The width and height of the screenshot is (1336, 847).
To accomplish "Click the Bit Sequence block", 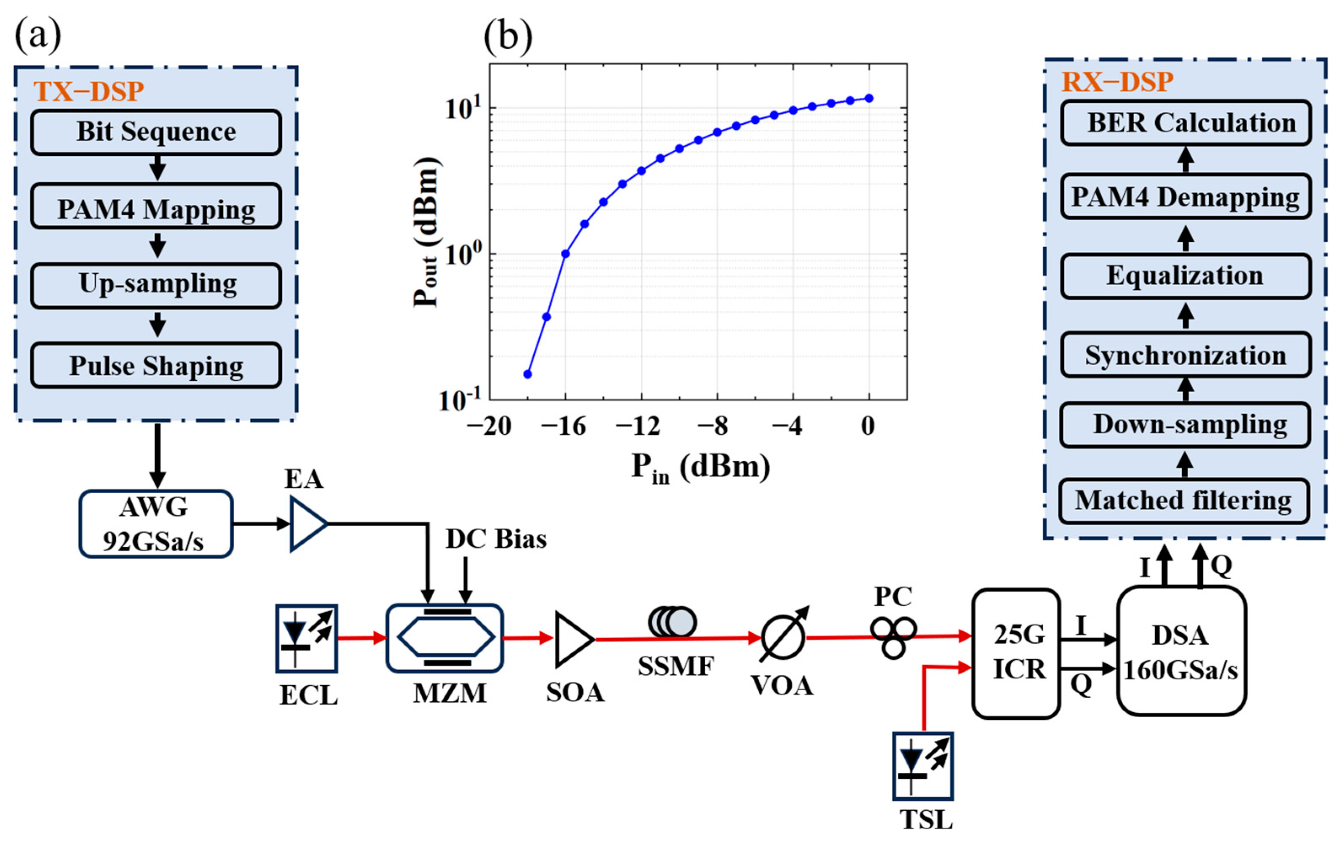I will coord(156,132).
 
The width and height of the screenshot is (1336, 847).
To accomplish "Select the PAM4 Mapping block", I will coord(156,206).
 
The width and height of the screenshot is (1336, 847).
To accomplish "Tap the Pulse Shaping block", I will coord(156,365).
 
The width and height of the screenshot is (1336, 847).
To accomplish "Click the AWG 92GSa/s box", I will coord(155,524).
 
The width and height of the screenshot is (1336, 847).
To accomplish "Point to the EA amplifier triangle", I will coord(307,524).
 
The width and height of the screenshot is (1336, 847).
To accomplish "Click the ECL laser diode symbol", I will coord(306,639).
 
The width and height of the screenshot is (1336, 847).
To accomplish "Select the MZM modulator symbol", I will coord(445,638).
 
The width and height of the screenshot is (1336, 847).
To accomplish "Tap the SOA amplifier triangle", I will coord(573,639).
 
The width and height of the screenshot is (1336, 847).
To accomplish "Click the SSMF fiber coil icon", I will coord(672,622).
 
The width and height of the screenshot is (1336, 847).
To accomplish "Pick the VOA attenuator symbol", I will coord(783,637).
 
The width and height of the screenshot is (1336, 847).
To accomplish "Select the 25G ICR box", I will coord(1016,653).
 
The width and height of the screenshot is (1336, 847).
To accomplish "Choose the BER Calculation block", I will coord(1186,123).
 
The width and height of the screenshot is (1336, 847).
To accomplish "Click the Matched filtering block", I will coord(1184,501).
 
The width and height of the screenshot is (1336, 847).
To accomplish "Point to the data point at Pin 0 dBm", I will coord(869,98).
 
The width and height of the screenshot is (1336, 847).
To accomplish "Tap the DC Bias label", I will coord(495,539).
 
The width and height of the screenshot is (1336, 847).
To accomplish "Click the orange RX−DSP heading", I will coord(1117,82).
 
